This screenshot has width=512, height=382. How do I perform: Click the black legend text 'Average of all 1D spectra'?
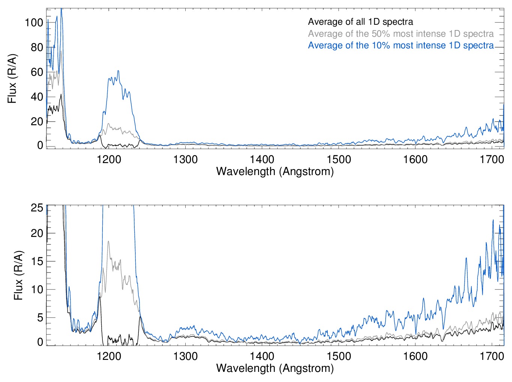coord(360,22)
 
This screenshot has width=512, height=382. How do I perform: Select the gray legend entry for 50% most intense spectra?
coord(401,34)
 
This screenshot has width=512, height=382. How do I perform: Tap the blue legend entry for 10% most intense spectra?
coord(401,45)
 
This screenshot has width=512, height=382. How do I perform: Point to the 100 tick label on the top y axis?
coord(34,22)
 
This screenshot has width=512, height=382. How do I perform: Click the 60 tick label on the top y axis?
coord(37,72)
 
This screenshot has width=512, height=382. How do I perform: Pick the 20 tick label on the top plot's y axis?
coord(37,121)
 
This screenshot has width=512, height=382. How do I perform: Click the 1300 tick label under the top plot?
coord(185,159)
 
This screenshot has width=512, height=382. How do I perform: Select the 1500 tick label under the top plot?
coord(339,159)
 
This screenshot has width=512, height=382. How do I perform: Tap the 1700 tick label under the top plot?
coord(492,159)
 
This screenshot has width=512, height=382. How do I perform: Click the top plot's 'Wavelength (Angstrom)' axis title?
coord(275,171)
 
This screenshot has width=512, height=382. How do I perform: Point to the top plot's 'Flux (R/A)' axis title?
coord(12,79)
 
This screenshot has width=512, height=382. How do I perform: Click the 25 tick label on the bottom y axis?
coord(37,208)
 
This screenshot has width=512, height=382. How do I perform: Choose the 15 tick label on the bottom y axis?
coord(37,261)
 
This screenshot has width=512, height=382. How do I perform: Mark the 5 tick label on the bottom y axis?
coord(40,318)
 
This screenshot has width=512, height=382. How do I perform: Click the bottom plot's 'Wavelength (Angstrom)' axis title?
coord(275,368)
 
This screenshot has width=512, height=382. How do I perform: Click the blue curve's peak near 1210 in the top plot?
coord(118,71)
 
